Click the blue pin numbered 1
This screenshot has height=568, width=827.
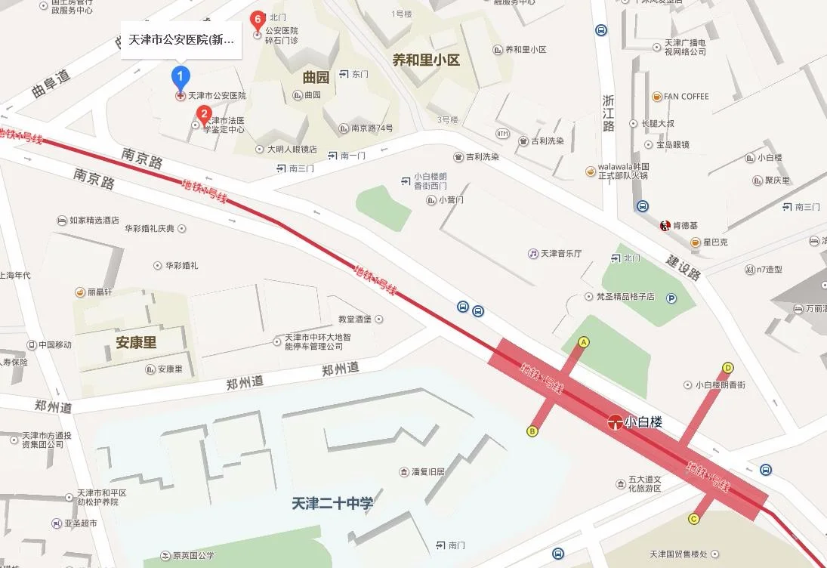180,76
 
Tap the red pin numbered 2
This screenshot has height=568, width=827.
203,115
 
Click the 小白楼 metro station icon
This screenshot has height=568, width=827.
616,423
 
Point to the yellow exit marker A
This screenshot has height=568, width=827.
583,342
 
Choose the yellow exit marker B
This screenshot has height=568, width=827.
532,431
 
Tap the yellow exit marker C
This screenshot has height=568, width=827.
693,518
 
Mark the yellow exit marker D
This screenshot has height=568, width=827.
728,368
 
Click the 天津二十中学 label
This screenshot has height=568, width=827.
332,503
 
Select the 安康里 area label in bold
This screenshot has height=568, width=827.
136,342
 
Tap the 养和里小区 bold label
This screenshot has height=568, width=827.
426,60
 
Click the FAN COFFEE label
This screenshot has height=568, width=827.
686,97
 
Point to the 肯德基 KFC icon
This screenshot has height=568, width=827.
665,225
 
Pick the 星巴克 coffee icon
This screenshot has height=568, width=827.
695,242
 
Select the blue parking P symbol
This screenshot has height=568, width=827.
671,298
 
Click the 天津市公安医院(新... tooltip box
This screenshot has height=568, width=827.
181,39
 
